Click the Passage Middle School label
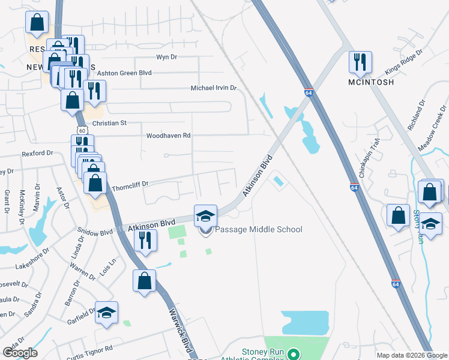(258, 229)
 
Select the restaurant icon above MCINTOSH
(360, 62)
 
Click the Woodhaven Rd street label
(168, 136)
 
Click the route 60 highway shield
(82, 129)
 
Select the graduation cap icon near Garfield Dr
(106, 313)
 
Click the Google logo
(20, 353)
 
